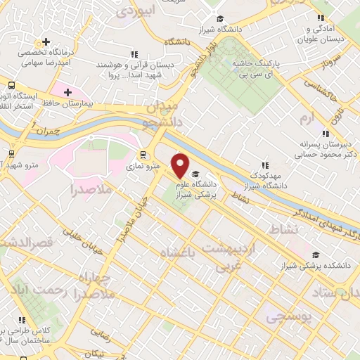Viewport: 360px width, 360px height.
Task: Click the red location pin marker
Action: (x=181, y=166)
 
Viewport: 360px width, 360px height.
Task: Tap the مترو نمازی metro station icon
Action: (x=143, y=155)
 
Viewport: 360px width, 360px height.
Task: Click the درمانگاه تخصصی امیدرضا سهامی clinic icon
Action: (x=46, y=42)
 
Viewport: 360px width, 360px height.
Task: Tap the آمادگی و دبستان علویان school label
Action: (x=325, y=33)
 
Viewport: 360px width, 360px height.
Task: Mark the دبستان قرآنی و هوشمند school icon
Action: (x=134, y=54)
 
